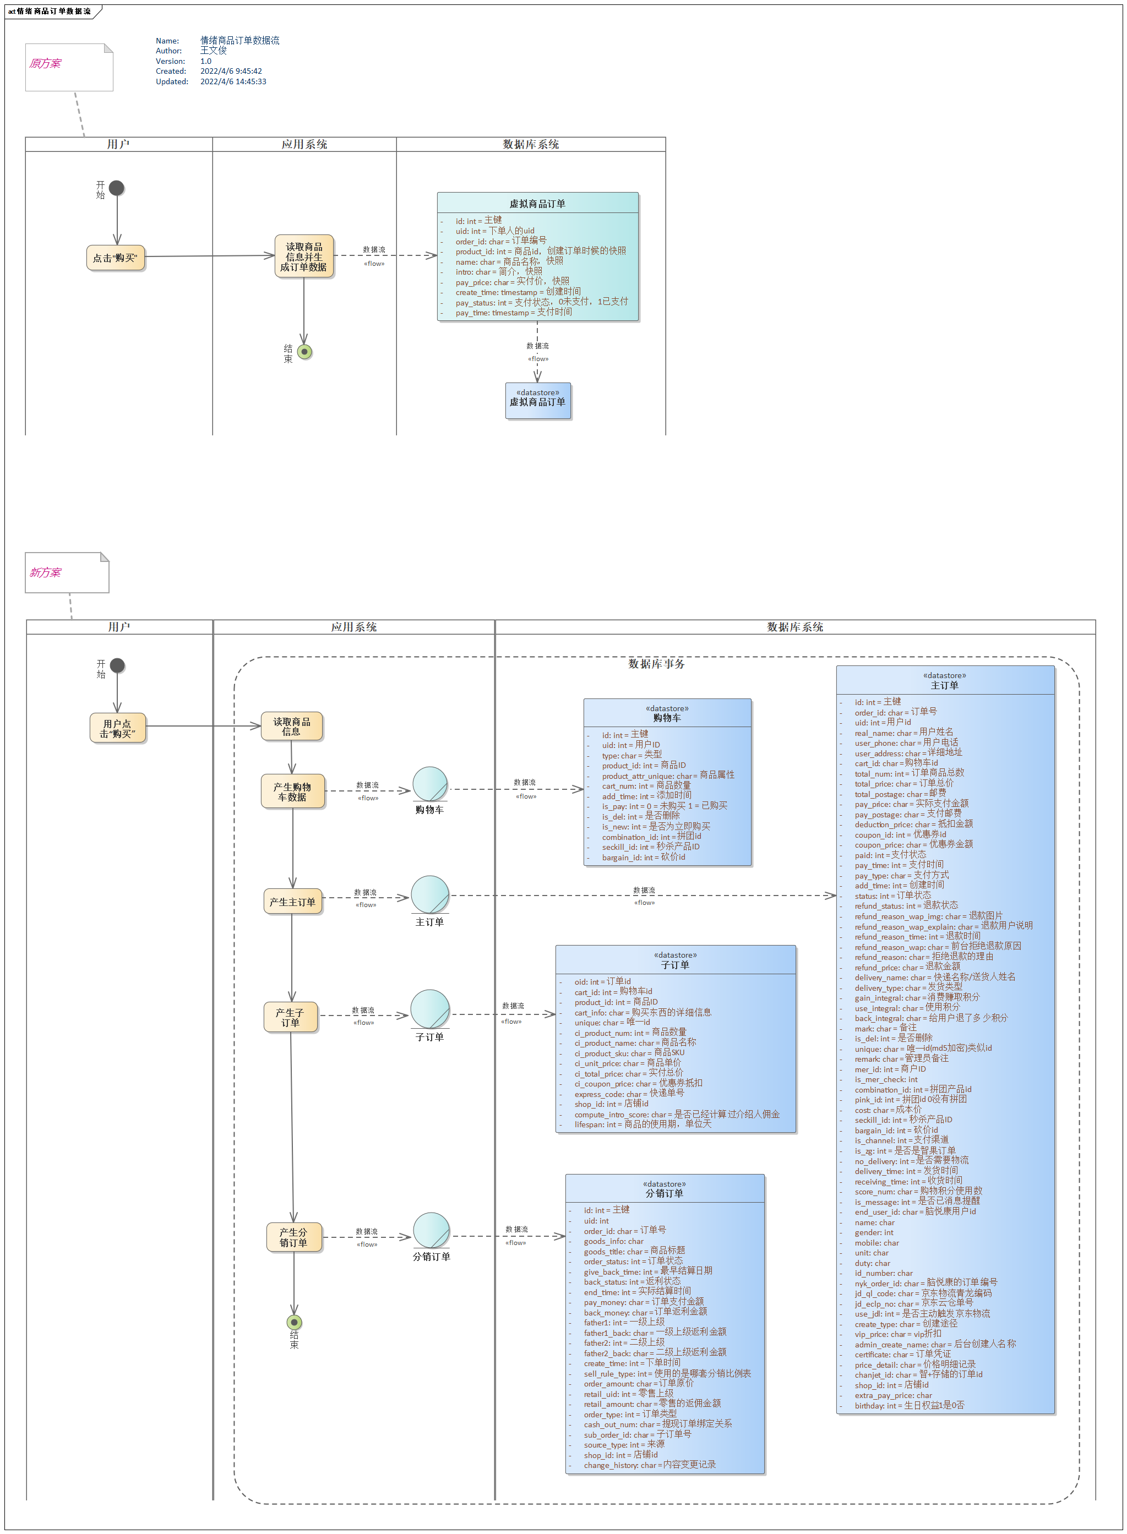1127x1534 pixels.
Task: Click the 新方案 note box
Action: (66, 572)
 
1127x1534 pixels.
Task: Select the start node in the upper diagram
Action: (117, 188)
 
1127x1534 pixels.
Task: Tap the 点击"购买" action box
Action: (115, 258)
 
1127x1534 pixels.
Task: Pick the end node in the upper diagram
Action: (305, 352)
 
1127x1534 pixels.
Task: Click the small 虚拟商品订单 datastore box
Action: (537, 400)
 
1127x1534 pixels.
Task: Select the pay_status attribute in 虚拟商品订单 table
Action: (542, 302)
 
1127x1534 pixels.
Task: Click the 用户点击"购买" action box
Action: (117, 728)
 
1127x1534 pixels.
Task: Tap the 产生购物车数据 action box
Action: (293, 791)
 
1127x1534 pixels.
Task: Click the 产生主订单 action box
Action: (293, 902)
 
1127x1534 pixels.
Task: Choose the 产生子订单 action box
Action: (291, 1017)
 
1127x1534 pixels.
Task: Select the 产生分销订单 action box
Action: (293, 1237)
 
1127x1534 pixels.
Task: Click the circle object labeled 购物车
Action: (430, 784)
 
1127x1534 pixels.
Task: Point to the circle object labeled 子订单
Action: (430, 1008)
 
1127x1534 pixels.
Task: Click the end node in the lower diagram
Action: (294, 1323)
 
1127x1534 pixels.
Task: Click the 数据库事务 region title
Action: (656, 664)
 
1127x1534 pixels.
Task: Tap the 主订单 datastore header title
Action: (944, 685)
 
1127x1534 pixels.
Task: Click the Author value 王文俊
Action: (214, 51)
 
